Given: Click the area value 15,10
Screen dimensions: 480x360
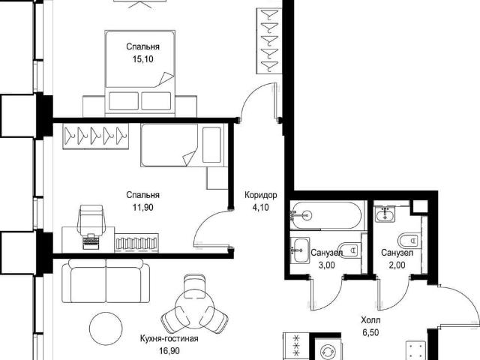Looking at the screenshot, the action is [x=143, y=59].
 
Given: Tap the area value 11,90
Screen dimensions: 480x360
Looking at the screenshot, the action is [x=143, y=208].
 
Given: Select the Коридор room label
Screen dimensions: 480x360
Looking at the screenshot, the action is [x=261, y=195].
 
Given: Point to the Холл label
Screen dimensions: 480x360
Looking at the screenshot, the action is [x=370, y=320].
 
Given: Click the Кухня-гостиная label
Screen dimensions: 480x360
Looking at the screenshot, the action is [x=169, y=338].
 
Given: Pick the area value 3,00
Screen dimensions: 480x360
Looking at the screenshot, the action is [x=327, y=265].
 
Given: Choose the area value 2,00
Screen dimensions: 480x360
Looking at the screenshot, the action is [x=397, y=265].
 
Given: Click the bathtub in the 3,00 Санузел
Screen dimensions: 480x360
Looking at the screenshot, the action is [x=326, y=215].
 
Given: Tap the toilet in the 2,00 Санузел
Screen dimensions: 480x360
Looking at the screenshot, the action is [x=408, y=240].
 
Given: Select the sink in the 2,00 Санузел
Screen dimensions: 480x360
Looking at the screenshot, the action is [x=385, y=214].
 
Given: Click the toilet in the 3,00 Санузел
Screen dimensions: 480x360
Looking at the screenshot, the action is [x=349, y=250].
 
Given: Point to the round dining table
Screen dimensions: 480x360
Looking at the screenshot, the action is [x=195, y=312].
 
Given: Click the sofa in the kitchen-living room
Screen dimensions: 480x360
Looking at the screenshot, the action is [x=106, y=280].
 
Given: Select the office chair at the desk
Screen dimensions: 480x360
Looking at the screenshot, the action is [x=91, y=220].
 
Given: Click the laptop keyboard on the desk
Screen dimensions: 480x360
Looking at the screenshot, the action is [x=91, y=241].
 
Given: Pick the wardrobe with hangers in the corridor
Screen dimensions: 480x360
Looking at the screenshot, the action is [x=269, y=41].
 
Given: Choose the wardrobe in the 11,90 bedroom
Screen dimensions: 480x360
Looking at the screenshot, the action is [x=95, y=136].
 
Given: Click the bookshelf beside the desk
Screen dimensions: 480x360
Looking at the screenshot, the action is [x=136, y=243].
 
